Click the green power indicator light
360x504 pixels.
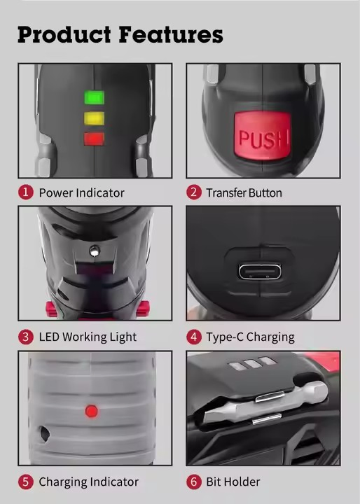[95, 97]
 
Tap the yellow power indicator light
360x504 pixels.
[95, 118]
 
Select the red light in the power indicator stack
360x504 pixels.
[94, 139]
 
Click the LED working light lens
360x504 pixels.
[95, 251]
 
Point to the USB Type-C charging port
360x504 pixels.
[260, 272]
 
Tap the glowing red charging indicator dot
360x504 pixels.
[91, 411]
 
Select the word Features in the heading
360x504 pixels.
[171, 34]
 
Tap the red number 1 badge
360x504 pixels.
[26, 192]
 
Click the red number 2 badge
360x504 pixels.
[194, 192]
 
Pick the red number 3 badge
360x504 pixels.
[26, 337]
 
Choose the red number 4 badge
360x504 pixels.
[194, 337]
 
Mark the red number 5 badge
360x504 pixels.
[26, 482]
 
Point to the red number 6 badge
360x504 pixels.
[194, 482]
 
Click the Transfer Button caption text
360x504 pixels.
[244, 193]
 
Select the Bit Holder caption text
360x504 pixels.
[233, 482]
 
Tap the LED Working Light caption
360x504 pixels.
[88, 337]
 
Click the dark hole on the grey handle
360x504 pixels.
[44, 433]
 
